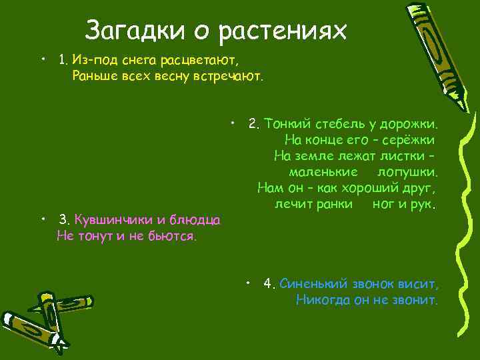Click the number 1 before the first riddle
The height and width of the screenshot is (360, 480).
(63, 60)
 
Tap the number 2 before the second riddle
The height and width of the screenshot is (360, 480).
(253, 123)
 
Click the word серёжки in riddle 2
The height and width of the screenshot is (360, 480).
(411, 140)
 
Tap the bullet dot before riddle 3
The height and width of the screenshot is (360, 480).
(42, 218)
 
